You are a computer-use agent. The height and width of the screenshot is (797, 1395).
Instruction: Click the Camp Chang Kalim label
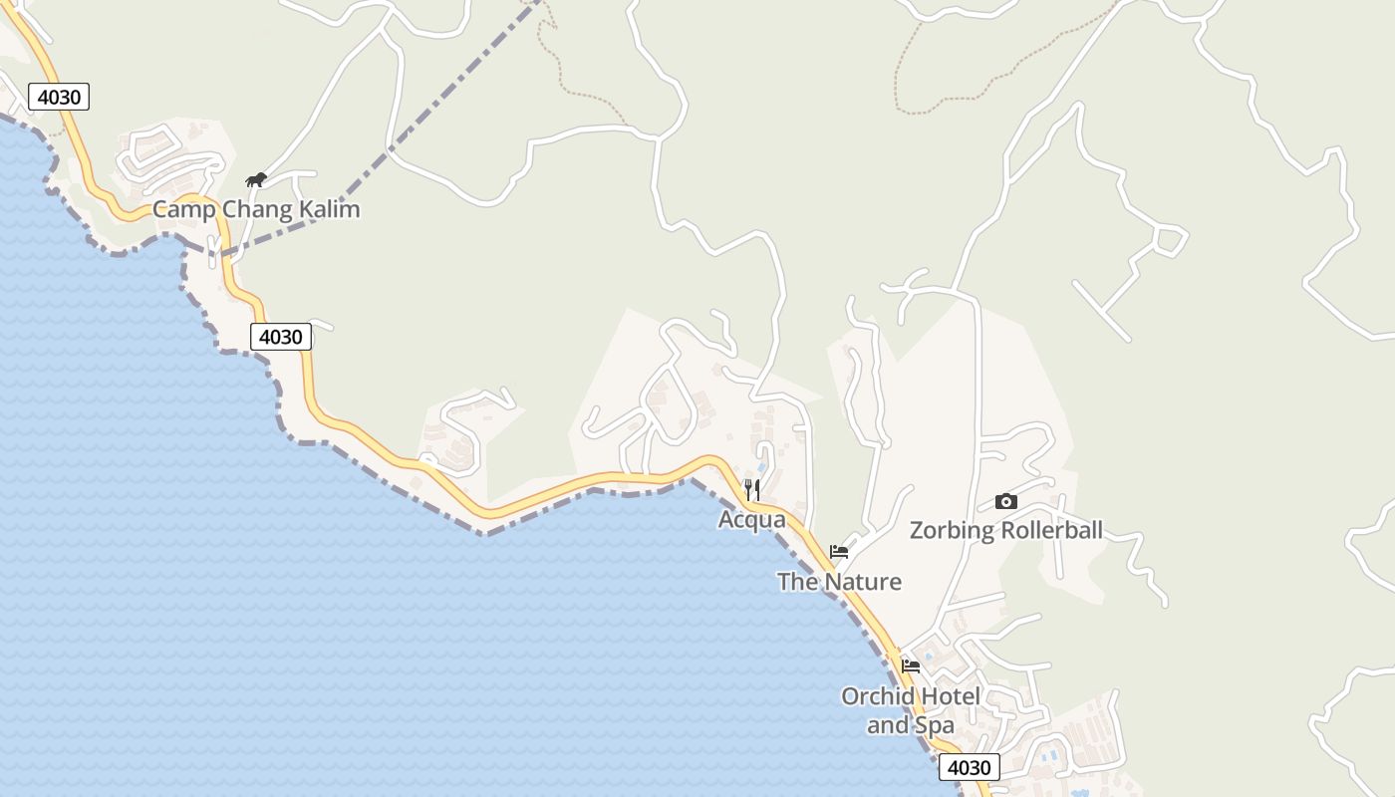pyautogui.click(x=255, y=209)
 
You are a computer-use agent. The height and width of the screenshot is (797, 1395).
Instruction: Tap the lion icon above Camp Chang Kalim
pyautogui.click(x=256, y=180)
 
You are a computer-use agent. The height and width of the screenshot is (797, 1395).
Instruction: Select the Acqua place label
pyautogui.click(x=751, y=520)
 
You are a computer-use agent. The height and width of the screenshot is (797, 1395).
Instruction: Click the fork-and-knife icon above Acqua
pyautogui.click(x=751, y=489)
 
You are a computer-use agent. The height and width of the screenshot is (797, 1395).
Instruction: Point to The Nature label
pyautogui.click(x=839, y=582)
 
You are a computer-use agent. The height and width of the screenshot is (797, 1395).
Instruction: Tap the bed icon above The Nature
pyautogui.click(x=839, y=552)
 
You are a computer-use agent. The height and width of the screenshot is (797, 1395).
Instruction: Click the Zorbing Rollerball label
pyautogui.click(x=1005, y=530)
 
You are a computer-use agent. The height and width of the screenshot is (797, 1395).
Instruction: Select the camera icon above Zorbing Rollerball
pyautogui.click(x=1005, y=502)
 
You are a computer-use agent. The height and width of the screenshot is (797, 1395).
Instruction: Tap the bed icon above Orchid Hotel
pyautogui.click(x=910, y=666)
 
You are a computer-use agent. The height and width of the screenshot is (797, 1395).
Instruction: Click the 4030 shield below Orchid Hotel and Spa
pyautogui.click(x=969, y=767)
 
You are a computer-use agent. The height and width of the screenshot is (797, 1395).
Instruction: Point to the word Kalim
pyautogui.click(x=329, y=209)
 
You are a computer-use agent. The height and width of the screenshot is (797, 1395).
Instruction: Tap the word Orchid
pyautogui.click(x=876, y=696)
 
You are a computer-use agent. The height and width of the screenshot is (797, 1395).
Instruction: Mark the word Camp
pyautogui.click(x=183, y=210)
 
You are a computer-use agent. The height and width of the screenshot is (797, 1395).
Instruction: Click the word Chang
pyautogui.click(x=257, y=210)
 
